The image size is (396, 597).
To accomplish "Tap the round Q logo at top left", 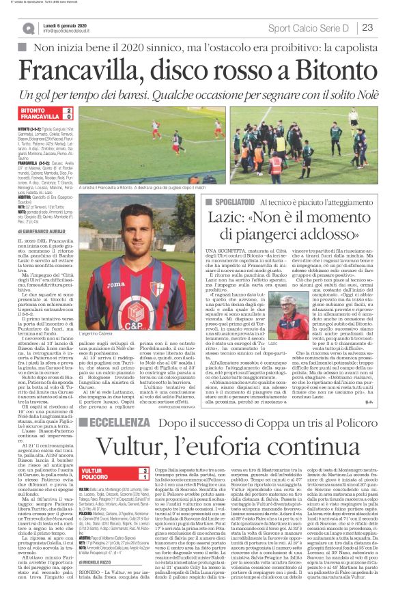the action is [28, 27].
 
